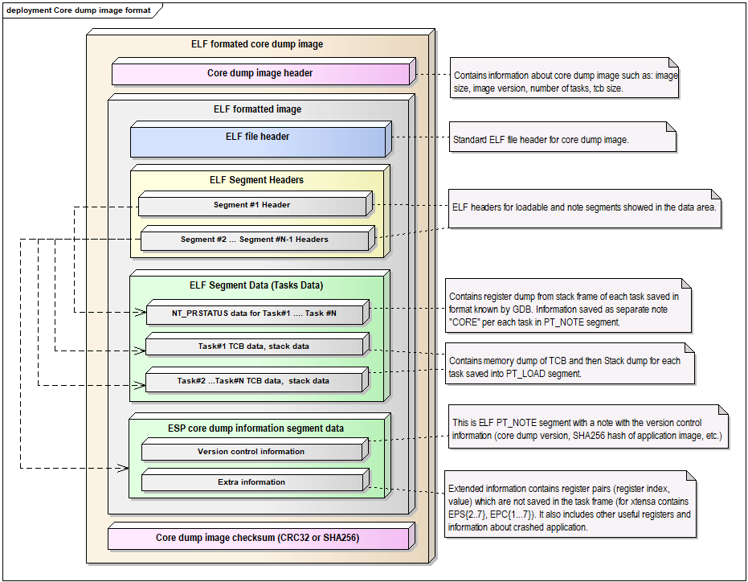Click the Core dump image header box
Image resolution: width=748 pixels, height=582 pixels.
260,73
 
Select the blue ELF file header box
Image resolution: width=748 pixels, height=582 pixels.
257,137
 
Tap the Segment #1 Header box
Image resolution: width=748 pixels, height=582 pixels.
251,205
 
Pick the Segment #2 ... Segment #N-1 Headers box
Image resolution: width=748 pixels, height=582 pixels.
254,240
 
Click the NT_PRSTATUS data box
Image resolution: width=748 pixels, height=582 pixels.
254,313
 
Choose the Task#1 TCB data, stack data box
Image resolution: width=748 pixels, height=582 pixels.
254,346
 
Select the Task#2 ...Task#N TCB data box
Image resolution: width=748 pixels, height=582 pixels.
254,381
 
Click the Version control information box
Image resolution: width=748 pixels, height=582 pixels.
251,452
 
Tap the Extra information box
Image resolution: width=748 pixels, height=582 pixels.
251,482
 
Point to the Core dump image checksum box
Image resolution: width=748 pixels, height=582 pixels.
257,537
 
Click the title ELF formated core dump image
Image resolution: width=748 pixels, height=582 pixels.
257,44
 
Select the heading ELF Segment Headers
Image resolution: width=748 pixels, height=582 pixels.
256,180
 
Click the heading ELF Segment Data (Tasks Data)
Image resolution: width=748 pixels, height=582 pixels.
256,285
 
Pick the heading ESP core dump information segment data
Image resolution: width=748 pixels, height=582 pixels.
256,428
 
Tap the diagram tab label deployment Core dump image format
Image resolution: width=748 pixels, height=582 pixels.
79,10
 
